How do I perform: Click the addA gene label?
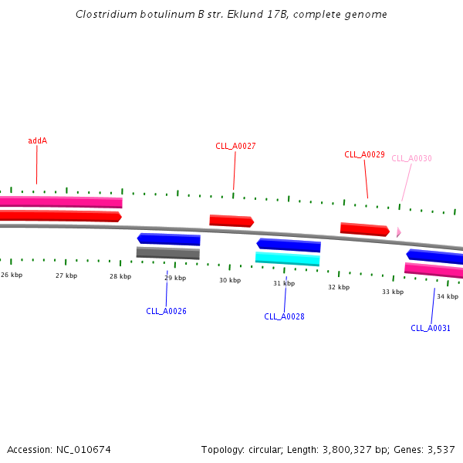click(x=37, y=140)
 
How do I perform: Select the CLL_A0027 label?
click(x=235, y=146)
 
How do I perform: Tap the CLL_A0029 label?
click(x=364, y=154)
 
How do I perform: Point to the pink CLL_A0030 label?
click(x=411, y=158)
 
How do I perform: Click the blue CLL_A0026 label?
click(x=166, y=311)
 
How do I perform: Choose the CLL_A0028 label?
click(x=284, y=316)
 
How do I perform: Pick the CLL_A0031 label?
click(x=431, y=328)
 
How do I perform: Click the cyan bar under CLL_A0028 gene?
click(x=287, y=259)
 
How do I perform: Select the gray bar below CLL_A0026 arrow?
click(x=167, y=252)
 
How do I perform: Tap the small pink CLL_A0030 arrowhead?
click(x=398, y=231)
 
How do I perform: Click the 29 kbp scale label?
click(x=174, y=277)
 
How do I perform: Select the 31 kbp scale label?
click(x=284, y=283)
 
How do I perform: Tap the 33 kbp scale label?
click(x=393, y=292)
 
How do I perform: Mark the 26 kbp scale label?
click(x=12, y=275)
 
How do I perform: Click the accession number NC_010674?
click(x=83, y=449)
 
